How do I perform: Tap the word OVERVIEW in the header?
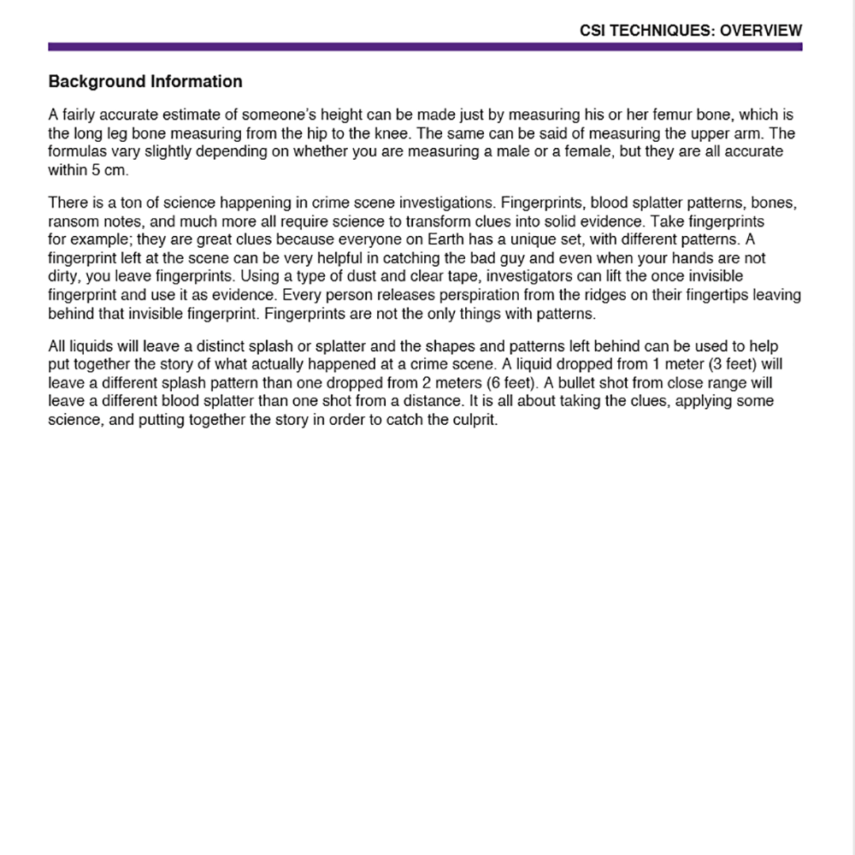[761, 31]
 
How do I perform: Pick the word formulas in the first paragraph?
[75, 152]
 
